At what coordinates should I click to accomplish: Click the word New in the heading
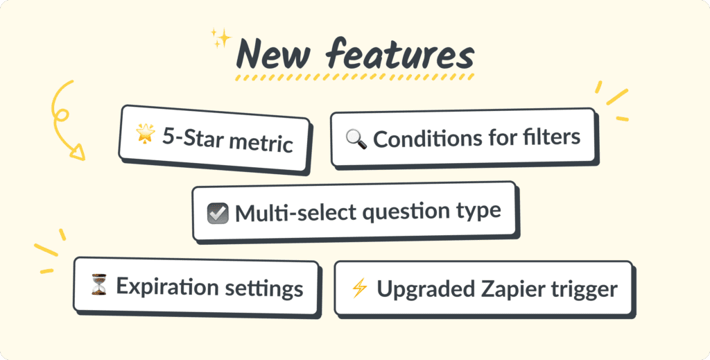(x=273, y=54)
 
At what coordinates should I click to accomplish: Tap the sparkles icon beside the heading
(x=221, y=38)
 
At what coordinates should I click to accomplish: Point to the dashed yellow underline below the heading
(x=354, y=77)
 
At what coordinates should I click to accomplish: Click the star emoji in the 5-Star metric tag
(x=146, y=134)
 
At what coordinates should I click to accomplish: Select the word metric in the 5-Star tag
(x=261, y=142)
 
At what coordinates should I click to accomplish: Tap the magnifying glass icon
(x=356, y=139)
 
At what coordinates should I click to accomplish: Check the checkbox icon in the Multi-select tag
(x=218, y=213)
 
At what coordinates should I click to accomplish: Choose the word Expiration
(x=161, y=286)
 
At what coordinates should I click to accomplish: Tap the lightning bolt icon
(x=360, y=288)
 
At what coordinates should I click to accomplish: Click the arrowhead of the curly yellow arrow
(x=78, y=152)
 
